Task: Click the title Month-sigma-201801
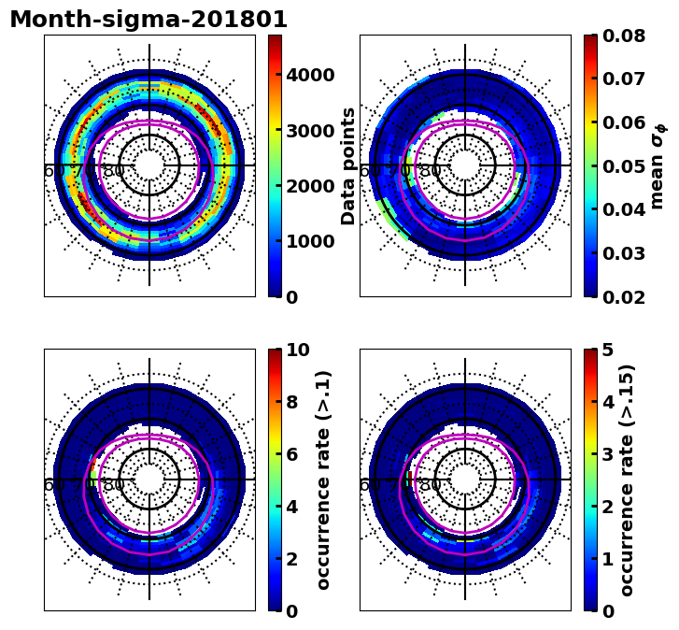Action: point(149,20)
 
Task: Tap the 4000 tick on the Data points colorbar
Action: point(310,75)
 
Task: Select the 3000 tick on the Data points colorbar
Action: point(310,130)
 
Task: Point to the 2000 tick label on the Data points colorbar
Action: point(310,186)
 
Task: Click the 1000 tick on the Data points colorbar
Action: point(310,241)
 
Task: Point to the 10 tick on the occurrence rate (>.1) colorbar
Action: point(298,351)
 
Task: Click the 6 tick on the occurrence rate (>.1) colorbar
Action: point(292,454)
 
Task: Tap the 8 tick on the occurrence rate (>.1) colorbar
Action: point(292,403)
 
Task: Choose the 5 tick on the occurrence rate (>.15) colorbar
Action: point(608,351)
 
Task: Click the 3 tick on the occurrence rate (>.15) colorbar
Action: point(608,454)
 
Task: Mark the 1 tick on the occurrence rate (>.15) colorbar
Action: point(608,559)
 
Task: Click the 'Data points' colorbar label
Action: point(349,165)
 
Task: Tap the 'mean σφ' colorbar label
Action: point(658,165)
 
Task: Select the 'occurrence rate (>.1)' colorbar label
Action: point(323,480)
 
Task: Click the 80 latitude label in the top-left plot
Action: point(114,171)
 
